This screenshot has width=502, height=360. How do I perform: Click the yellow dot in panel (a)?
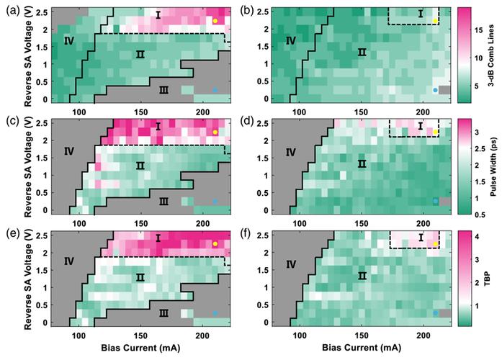(215, 21)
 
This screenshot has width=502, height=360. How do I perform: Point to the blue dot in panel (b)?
(435, 90)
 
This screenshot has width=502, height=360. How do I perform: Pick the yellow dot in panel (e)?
(215, 244)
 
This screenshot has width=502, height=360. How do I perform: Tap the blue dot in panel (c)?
(215, 202)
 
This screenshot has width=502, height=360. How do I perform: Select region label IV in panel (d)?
(291, 152)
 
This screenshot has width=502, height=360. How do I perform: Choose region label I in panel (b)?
(421, 14)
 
